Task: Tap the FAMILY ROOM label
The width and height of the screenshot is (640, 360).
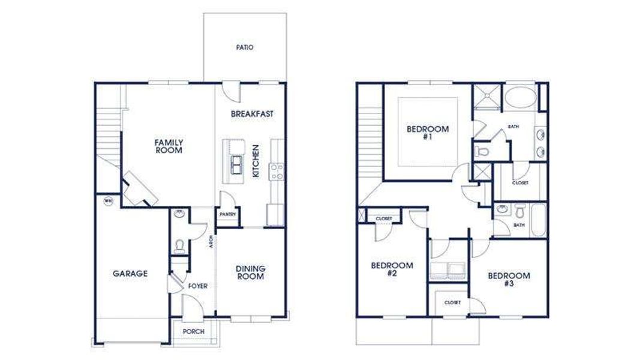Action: (169, 146)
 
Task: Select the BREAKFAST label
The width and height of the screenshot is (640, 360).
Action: (252, 113)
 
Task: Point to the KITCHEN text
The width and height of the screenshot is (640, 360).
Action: (256, 161)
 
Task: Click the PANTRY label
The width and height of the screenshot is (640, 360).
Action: (227, 214)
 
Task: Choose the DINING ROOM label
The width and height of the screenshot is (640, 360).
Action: (250, 273)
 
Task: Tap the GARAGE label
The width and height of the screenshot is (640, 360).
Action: (130, 274)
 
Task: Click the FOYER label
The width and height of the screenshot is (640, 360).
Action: (197, 286)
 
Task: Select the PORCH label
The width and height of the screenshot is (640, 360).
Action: (194, 331)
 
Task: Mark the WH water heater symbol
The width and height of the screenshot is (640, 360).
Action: (109, 200)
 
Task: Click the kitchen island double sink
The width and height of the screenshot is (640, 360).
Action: (236, 163)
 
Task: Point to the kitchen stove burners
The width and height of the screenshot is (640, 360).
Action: (277, 172)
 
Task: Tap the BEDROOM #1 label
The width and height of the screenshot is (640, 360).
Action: (428, 133)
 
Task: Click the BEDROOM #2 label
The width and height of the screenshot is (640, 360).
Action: (392, 269)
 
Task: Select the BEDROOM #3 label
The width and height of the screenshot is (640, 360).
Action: (509, 280)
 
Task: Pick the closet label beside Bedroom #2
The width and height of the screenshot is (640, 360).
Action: (383, 218)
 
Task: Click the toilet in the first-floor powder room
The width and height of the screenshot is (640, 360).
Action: (179, 245)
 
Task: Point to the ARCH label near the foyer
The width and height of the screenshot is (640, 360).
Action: (211, 241)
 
